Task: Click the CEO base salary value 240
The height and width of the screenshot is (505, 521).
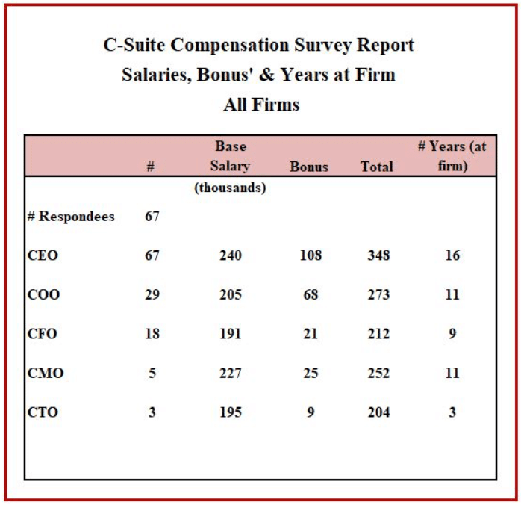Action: [x=230, y=255]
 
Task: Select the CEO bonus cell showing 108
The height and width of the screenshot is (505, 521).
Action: [x=311, y=255]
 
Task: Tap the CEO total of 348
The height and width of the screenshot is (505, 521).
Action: [x=378, y=255]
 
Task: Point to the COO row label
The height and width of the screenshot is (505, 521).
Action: [x=43, y=294]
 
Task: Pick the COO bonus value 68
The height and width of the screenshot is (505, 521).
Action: [x=311, y=294]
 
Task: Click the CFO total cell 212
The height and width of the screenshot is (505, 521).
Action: [x=378, y=334]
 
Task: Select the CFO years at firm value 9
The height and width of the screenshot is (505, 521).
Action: [x=452, y=334]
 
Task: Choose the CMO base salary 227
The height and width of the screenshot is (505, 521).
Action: [x=230, y=373]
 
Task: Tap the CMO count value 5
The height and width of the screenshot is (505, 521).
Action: [x=152, y=373]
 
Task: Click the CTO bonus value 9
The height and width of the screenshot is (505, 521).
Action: [x=311, y=412]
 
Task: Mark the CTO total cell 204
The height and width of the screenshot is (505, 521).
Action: [x=378, y=412]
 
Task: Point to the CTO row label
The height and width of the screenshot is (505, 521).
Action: [x=43, y=412]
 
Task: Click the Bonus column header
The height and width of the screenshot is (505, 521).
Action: [x=309, y=167]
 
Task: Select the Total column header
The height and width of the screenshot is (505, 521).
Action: [x=377, y=167]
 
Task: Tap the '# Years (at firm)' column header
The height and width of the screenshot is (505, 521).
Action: [x=452, y=156]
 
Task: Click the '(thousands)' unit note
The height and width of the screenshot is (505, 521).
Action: [x=230, y=188]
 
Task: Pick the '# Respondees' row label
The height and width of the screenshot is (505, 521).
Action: [x=71, y=217]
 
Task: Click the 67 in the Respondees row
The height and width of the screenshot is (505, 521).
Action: [x=152, y=217]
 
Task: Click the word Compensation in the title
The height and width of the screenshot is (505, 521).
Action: [x=254, y=45]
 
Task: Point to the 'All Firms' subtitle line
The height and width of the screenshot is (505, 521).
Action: [x=261, y=105]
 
